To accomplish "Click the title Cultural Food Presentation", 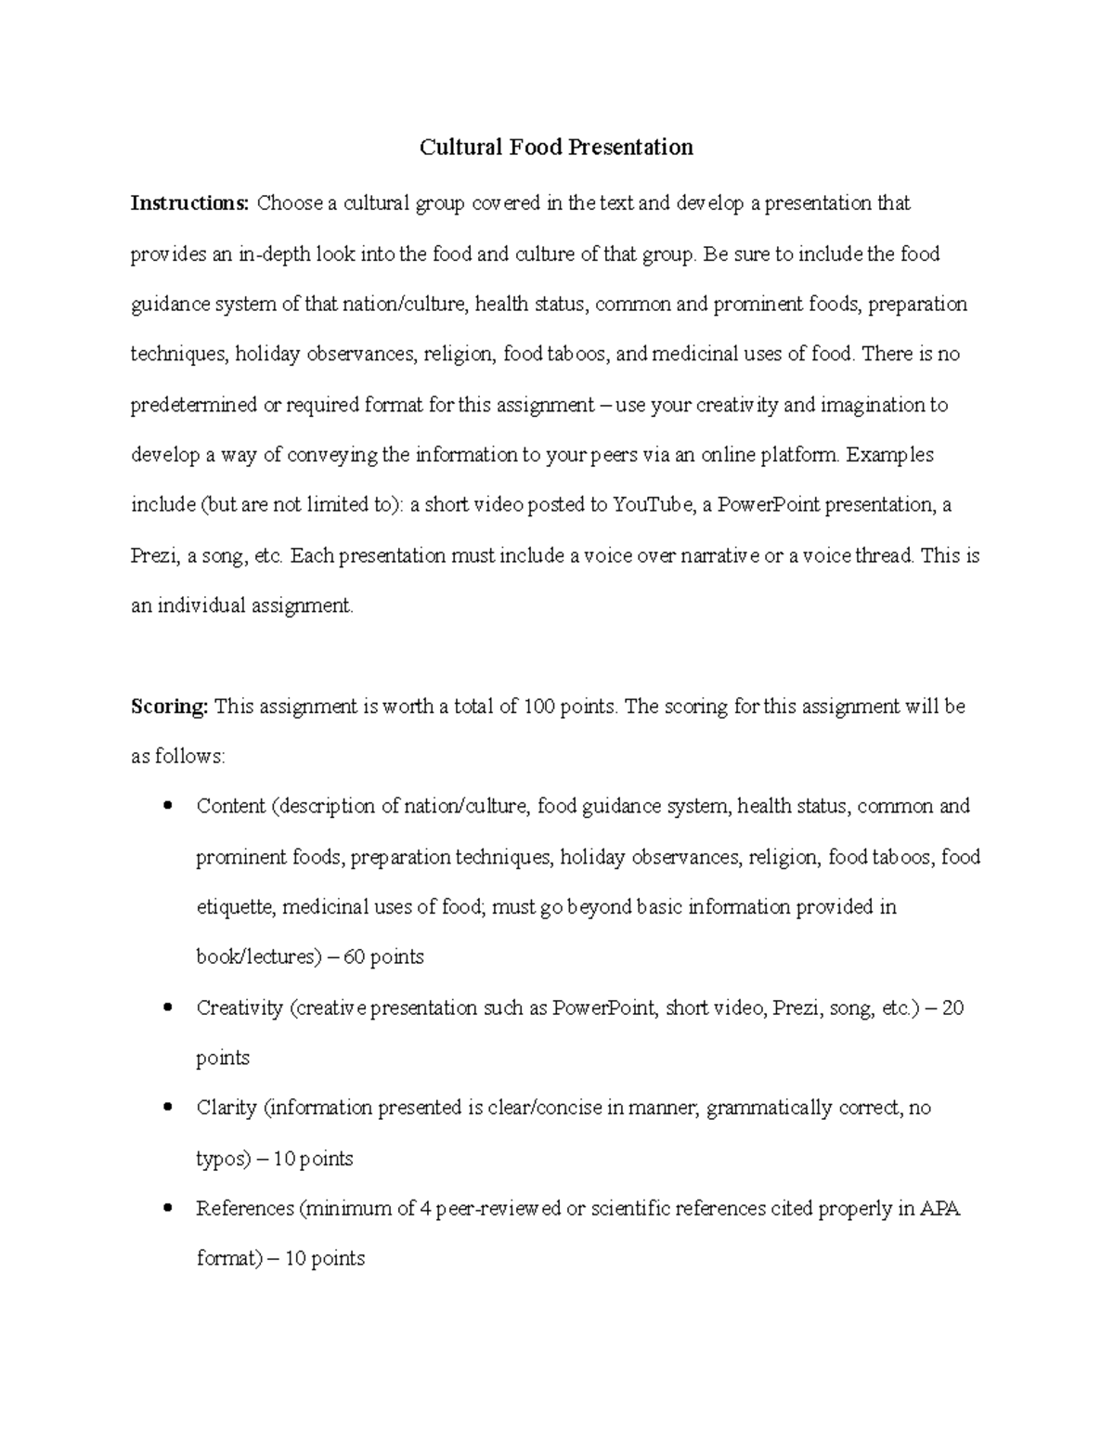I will pyautogui.click(x=556, y=148).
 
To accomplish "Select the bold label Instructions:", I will pyautogui.click(x=189, y=203).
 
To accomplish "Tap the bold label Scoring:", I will pyautogui.click(x=169, y=707).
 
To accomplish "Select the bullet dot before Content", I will pyautogui.click(x=167, y=806).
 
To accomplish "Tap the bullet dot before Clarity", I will pyautogui.click(x=167, y=1107).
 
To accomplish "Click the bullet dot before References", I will pyautogui.click(x=167, y=1208).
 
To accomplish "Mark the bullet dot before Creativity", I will pyautogui.click(x=167, y=1007).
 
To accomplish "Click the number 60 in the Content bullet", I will pyautogui.click(x=355, y=957).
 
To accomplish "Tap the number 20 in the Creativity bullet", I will pyautogui.click(x=952, y=1007).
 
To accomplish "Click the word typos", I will pyautogui.click(x=221, y=1159).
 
